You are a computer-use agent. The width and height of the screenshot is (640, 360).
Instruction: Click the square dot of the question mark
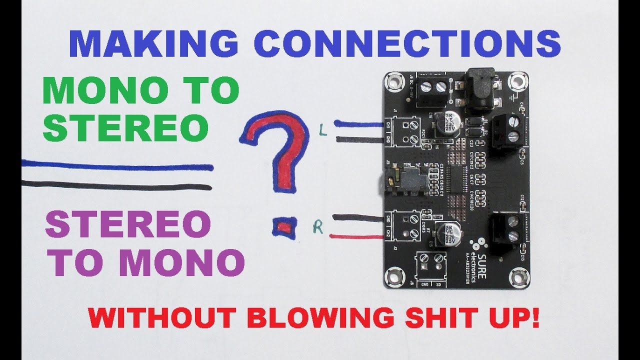[284, 227]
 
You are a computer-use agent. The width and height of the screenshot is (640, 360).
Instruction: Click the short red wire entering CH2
[360, 236]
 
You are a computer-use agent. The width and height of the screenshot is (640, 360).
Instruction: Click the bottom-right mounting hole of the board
[518, 277]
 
